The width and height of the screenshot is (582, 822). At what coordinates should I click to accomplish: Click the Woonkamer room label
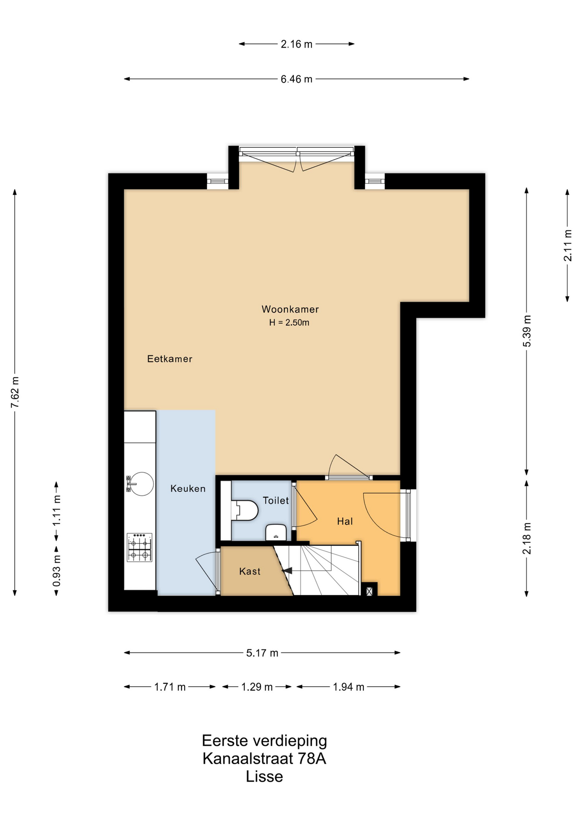290,309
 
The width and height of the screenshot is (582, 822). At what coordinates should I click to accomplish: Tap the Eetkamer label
170,359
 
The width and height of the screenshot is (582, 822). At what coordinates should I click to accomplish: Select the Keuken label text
188,488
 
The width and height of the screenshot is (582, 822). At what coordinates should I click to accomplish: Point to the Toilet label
276,500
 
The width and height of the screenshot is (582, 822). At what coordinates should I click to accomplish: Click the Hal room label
345,521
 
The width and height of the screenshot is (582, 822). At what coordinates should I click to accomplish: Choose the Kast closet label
250,571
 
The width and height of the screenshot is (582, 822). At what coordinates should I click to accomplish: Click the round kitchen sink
140,484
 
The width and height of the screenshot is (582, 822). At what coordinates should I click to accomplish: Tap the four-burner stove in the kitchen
140,547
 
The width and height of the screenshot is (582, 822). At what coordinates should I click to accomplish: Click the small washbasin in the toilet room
276,532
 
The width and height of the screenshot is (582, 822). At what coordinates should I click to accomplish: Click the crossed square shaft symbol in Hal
369,591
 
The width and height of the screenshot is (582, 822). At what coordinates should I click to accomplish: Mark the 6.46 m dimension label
297,79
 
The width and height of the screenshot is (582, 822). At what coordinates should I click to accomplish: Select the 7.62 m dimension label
15,393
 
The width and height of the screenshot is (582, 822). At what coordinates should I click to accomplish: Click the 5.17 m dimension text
262,653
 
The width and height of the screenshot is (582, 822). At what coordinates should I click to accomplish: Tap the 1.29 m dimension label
257,687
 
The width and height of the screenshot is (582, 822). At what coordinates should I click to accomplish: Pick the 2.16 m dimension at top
297,44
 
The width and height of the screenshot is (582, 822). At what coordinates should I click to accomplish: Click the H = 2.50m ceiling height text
289,323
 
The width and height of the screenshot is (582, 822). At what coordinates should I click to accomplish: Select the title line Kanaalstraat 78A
264,759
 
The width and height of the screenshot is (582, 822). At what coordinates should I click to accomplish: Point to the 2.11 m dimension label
568,246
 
